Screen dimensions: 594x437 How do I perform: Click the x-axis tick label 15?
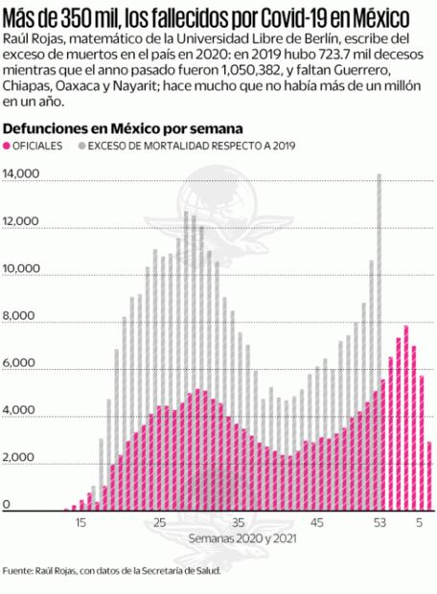click(x=81, y=523)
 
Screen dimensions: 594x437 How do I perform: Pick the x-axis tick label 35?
click(x=239, y=523)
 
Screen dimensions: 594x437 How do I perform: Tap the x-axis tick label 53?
click(x=380, y=523)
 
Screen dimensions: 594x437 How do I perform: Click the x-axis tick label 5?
click(x=419, y=523)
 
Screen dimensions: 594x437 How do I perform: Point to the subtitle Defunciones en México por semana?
click(x=124, y=127)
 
